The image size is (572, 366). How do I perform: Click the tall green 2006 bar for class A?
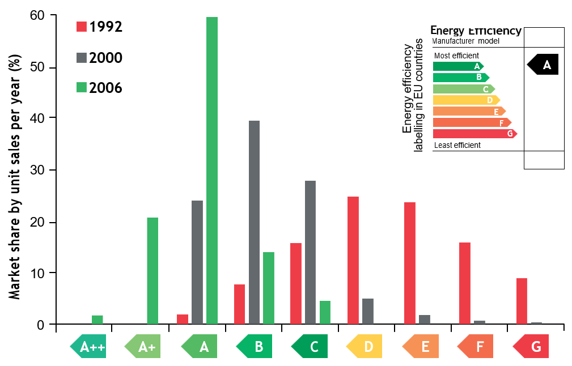(x=212, y=170)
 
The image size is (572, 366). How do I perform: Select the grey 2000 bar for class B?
(x=254, y=222)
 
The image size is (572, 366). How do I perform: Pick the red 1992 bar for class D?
(x=353, y=260)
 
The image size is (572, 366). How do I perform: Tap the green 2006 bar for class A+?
(x=152, y=271)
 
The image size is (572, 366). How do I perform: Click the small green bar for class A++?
(x=97, y=320)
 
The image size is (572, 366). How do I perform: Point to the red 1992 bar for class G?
(x=522, y=301)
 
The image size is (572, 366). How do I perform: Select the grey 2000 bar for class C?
(x=310, y=252)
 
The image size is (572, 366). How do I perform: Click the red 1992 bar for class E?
(x=410, y=263)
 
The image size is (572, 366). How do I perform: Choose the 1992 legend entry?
(x=99, y=27)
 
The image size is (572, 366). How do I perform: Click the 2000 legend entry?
(x=99, y=58)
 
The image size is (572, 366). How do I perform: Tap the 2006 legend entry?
(x=99, y=88)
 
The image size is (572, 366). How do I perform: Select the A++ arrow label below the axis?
(x=88, y=346)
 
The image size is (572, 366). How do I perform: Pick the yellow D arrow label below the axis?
(x=365, y=346)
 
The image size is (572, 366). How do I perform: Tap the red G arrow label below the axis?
(x=531, y=346)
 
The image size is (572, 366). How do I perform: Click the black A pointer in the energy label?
(x=544, y=65)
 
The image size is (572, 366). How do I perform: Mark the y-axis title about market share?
(x=15, y=170)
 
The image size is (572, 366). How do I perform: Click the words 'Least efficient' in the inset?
(x=457, y=145)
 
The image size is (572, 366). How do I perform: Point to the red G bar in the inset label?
(x=474, y=134)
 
